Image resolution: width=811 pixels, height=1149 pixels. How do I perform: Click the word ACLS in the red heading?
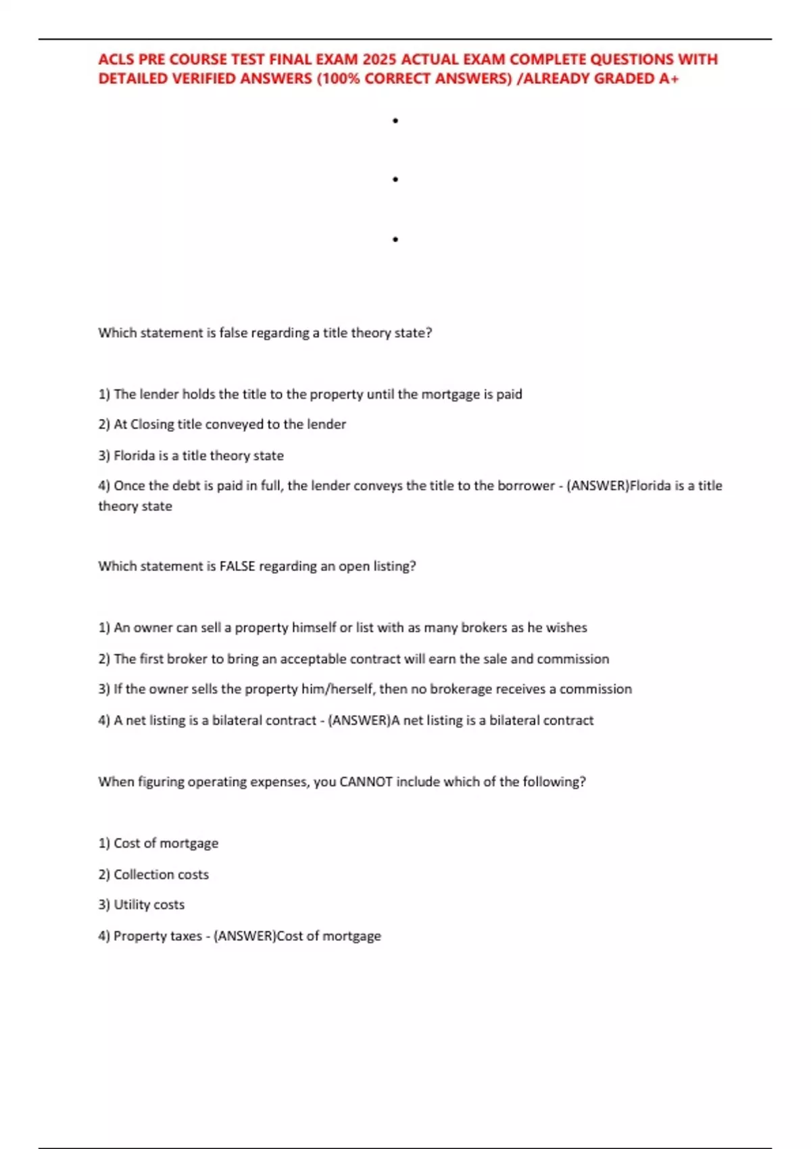[x=116, y=59]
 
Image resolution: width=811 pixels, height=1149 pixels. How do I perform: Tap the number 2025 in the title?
[x=379, y=59]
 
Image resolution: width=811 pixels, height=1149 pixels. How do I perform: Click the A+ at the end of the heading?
[x=669, y=79]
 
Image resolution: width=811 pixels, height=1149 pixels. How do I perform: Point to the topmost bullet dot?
[x=395, y=121]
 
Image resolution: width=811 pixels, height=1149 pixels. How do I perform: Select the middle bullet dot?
[x=395, y=180]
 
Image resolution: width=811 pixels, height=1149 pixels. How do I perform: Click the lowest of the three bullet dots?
[x=395, y=239]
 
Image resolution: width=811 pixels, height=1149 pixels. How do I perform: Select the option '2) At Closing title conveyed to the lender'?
[x=222, y=424]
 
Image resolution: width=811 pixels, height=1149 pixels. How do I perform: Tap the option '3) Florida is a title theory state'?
[x=191, y=456]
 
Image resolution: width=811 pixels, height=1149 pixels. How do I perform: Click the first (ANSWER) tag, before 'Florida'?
[x=597, y=486]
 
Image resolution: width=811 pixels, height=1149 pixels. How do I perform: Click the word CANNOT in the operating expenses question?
[x=366, y=782]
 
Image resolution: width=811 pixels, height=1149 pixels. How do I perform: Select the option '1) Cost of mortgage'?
[x=158, y=844]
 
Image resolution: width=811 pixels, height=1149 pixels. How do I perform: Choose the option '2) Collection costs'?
[x=153, y=875]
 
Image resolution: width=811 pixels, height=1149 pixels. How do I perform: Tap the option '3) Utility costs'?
[x=141, y=905]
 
